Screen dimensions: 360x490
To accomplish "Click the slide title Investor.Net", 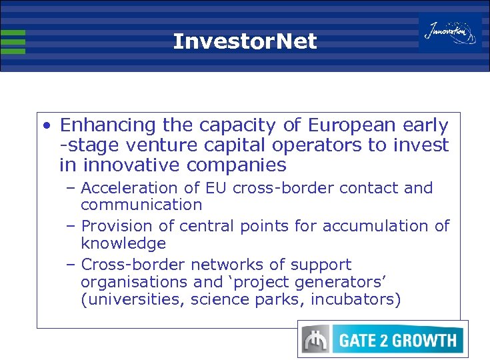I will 245,42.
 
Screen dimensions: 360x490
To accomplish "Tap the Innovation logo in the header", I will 450,31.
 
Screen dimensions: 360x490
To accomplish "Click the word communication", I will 141,205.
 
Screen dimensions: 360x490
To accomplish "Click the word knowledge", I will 123,243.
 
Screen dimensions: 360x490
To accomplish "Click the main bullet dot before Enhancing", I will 45,126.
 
